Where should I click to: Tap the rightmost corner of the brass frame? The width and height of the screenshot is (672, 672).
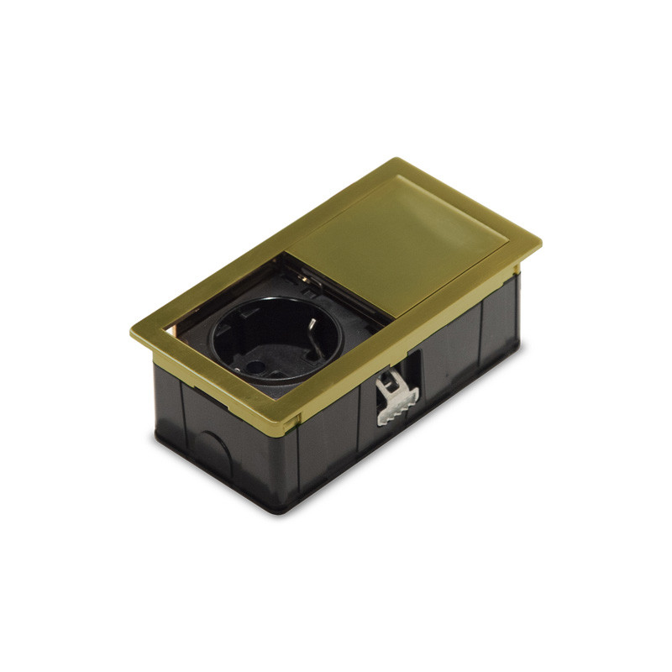[540, 244]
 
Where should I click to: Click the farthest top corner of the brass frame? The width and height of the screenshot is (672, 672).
[396, 159]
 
